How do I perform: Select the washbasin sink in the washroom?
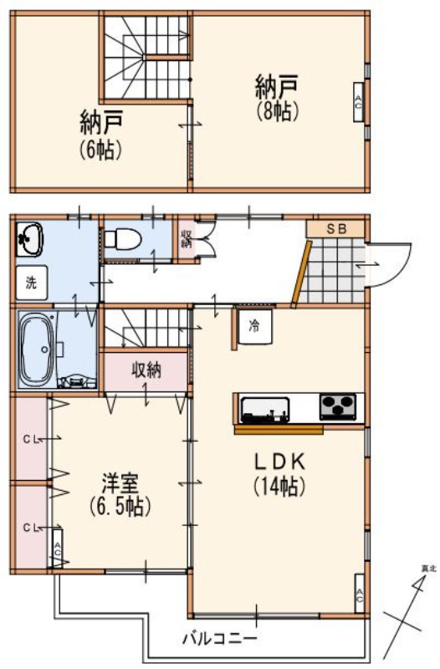[x=30, y=239]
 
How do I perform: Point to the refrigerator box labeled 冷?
[x=253, y=326]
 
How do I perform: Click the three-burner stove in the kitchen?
[x=337, y=407]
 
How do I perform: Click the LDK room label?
[x=279, y=472]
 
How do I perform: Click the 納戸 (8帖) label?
[x=277, y=96]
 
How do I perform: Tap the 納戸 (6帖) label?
[x=102, y=135]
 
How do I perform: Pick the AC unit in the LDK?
[x=359, y=595]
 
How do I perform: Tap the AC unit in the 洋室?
[x=57, y=549]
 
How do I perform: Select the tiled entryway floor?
[x=332, y=272]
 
